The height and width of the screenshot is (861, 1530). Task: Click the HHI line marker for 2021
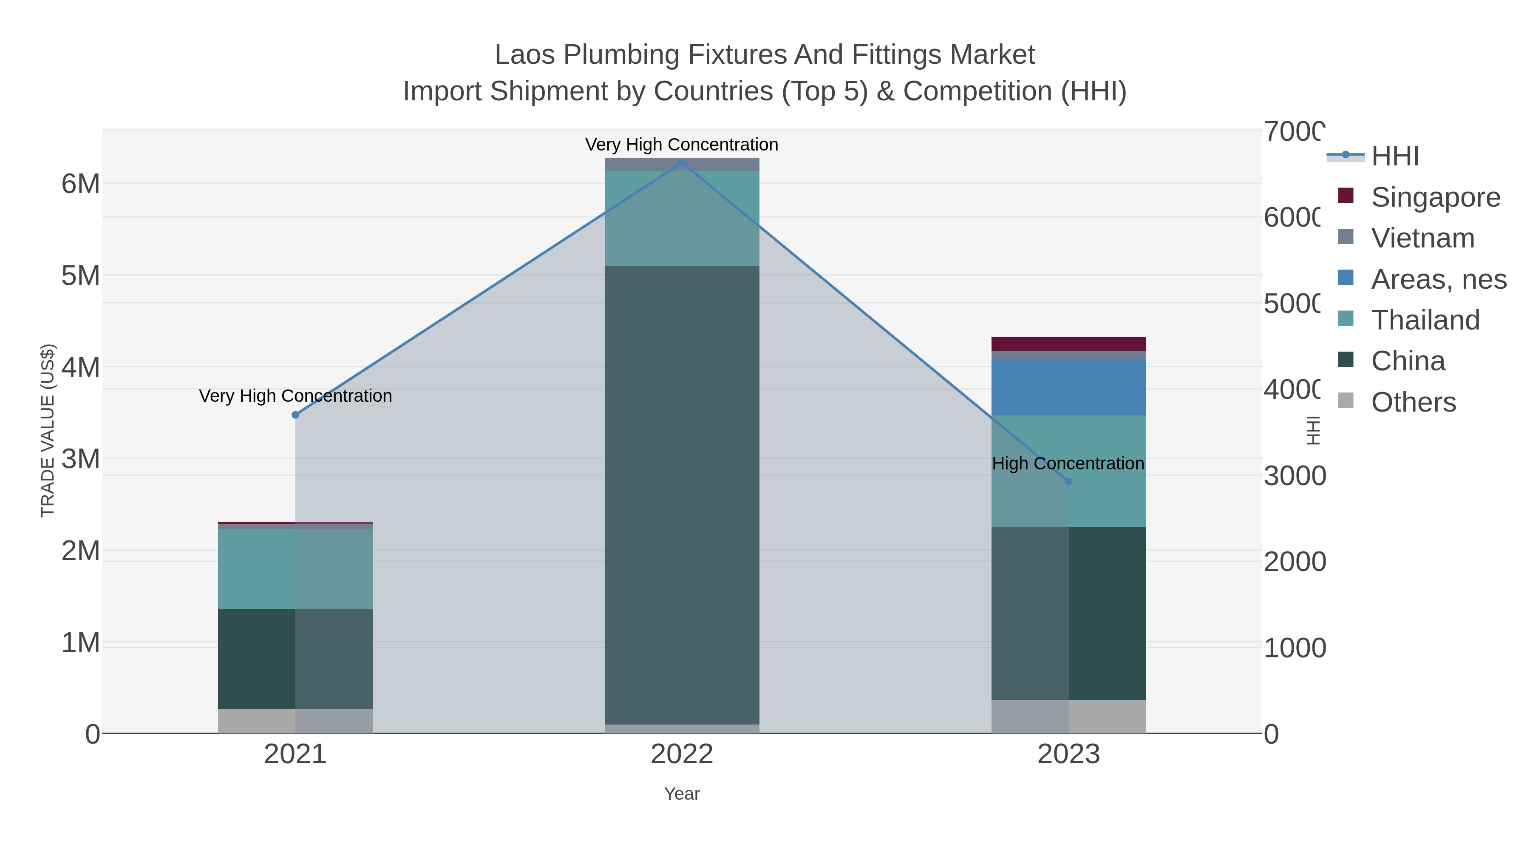[295, 415]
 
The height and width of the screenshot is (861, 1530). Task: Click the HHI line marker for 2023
[1068, 481]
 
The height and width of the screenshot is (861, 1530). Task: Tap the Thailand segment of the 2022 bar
[682, 218]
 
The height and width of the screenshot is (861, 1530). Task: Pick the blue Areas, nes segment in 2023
[1068, 387]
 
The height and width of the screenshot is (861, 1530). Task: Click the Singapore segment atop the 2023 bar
[1068, 344]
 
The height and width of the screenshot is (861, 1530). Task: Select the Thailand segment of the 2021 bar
[295, 568]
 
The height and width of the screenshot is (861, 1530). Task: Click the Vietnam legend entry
[1422, 238]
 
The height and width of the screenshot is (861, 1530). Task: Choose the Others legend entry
[1413, 402]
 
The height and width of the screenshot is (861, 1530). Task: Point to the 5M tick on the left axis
[81, 276]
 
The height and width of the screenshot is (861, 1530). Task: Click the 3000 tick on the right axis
[1294, 476]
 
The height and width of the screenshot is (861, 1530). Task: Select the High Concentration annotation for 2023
[1068, 463]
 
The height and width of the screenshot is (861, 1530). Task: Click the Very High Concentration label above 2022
[681, 145]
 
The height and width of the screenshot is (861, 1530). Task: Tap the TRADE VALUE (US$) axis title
[48, 430]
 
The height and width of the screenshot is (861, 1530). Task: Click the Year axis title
[682, 794]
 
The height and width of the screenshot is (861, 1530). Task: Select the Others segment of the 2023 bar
[1068, 716]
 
